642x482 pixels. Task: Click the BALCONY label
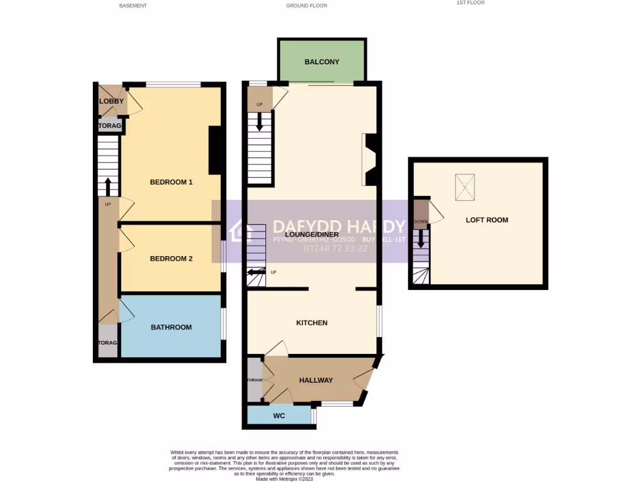[x=322, y=62]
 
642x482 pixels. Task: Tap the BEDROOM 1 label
[x=171, y=183]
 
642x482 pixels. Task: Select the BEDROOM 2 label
[x=171, y=259]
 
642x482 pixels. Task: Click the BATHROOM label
[x=171, y=328]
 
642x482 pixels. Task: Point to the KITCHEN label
[x=312, y=323]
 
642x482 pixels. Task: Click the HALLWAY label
[x=315, y=380]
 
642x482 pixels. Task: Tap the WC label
[x=278, y=416]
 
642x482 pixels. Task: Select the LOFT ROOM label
[x=487, y=220]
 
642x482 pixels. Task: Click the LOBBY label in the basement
[x=111, y=102]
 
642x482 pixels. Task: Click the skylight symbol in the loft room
[x=465, y=188]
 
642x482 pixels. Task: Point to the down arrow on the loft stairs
[x=421, y=238]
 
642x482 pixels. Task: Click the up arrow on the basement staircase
[x=108, y=186]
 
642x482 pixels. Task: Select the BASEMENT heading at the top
[x=132, y=6]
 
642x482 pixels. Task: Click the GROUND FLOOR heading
[x=307, y=6]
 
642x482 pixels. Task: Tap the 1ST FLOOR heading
[x=470, y=3]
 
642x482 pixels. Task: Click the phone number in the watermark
[x=335, y=249]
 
